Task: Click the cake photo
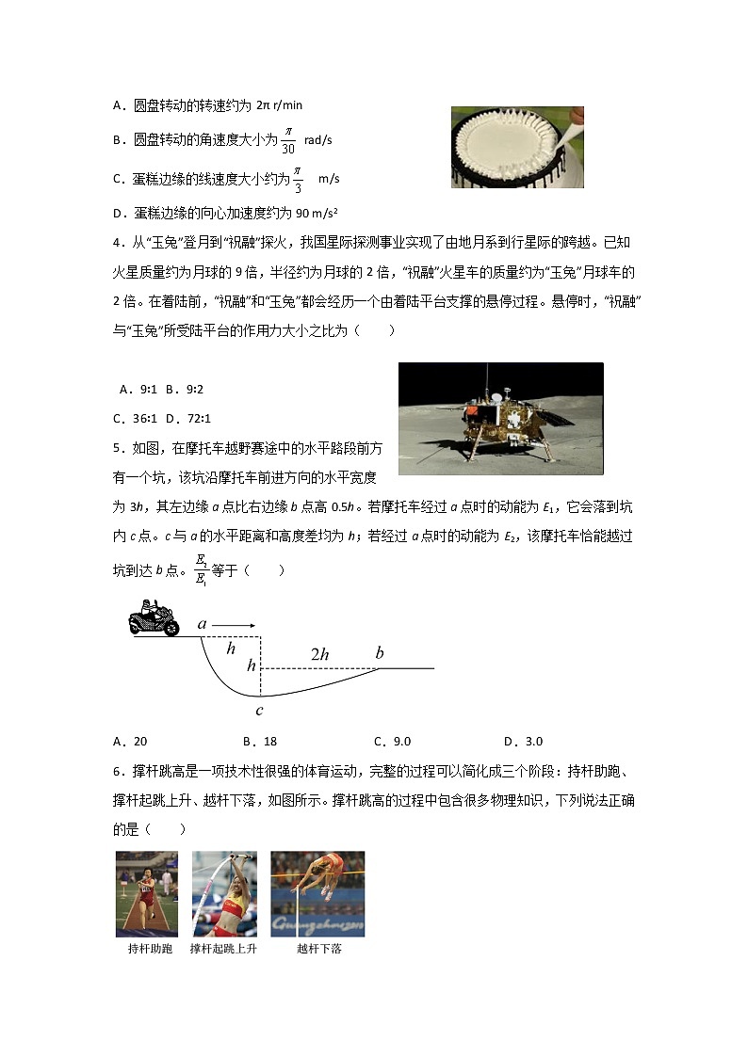click(x=516, y=147)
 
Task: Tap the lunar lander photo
click(x=500, y=418)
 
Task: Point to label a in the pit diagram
click(x=202, y=623)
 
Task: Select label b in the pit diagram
click(x=380, y=653)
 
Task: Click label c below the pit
click(x=259, y=711)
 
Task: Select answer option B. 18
click(x=260, y=741)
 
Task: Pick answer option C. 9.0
click(x=392, y=741)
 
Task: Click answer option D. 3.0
click(x=523, y=741)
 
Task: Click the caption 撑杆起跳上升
click(x=223, y=949)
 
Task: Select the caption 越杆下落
click(x=318, y=949)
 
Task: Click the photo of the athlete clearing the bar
click(x=317, y=894)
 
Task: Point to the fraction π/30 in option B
click(x=288, y=140)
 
